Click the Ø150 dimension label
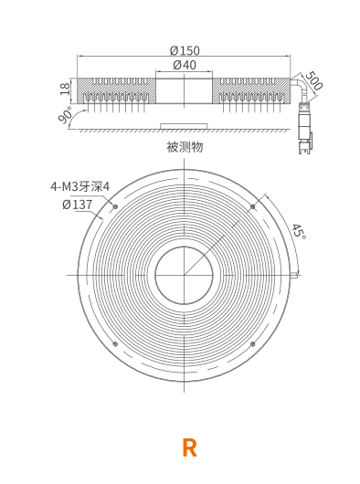click(185, 50)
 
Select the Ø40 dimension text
click(185, 65)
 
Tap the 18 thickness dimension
click(65, 89)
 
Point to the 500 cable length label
click(314, 80)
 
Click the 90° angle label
click(66, 114)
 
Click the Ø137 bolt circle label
click(77, 205)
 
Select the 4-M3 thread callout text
click(80, 186)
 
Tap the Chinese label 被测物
click(185, 147)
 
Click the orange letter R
click(189, 447)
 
